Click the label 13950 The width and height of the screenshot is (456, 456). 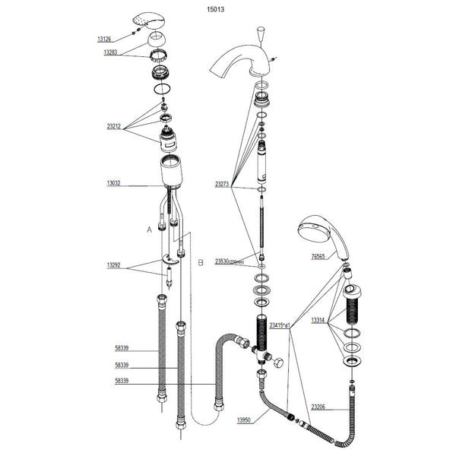(245, 420)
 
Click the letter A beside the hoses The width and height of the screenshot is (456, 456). (149, 228)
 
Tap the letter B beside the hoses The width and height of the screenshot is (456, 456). (201, 262)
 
